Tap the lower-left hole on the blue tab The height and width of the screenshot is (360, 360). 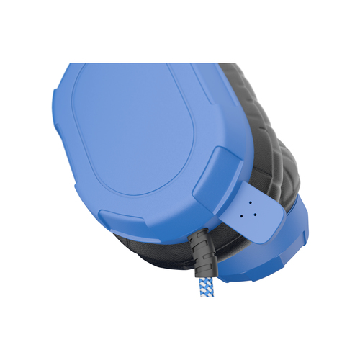248,212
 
